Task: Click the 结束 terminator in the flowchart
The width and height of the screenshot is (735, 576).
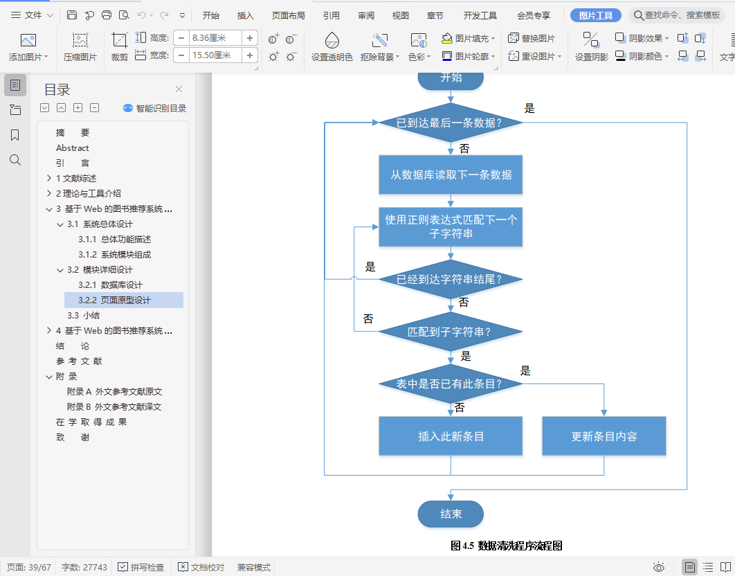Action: (451, 514)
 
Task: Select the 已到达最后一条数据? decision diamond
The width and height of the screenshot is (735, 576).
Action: (450, 123)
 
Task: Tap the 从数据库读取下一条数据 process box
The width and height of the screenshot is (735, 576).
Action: (451, 174)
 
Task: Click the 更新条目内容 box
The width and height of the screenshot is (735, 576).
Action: (604, 436)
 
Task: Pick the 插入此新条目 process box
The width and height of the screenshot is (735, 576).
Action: (451, 436)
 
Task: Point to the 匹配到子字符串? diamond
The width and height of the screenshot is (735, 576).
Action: (450, 332)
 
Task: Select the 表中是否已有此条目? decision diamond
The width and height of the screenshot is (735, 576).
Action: (450, 384)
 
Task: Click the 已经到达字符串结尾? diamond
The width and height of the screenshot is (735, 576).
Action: (450, 280)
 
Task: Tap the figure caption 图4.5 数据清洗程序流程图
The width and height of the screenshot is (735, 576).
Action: (507, 546)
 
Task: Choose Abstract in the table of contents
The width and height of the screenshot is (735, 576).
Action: (73, 147)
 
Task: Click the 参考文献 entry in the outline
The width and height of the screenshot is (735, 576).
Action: (79, 361)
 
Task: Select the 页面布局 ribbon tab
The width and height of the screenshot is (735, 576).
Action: (288, 15)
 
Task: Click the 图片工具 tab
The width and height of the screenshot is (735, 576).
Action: (595, 15)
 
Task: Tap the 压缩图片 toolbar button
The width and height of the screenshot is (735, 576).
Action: (80, 47)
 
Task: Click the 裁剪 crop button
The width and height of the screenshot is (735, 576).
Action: (119, 47)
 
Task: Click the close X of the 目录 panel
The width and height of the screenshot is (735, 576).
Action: (179, 89)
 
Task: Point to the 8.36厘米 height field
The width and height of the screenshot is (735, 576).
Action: (215, 38)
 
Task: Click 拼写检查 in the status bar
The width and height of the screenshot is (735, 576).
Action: (141, 567)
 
